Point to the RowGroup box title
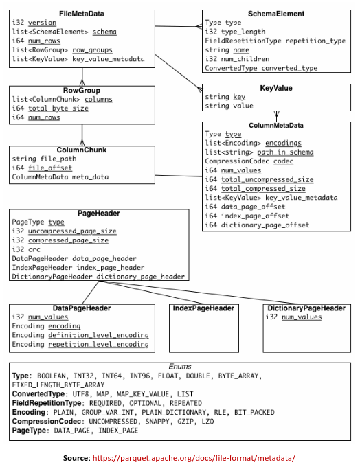pos(82,90)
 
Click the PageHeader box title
pos(99,213)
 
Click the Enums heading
pos(181,367)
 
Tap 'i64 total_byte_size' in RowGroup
pos(50,108)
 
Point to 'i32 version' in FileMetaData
pos(34,23)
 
